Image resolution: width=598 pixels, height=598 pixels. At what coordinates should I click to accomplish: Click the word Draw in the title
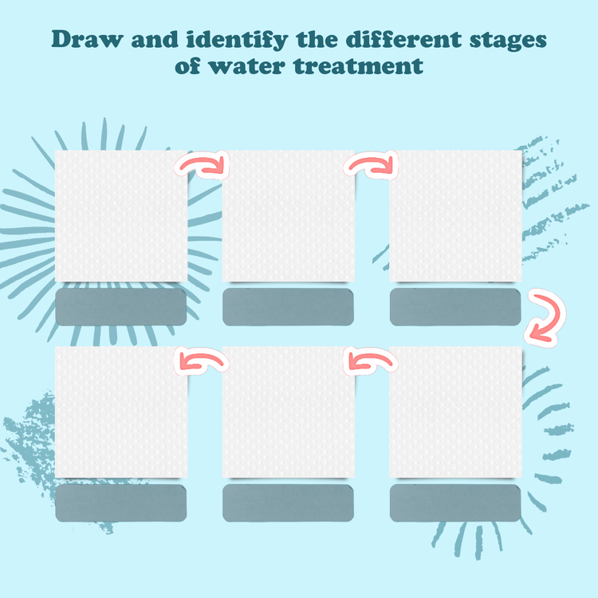tap(88, 39)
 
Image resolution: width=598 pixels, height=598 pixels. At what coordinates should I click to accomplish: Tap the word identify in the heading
tap(238, 40)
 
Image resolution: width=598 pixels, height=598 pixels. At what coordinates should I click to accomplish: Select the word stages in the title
tap(508, 41)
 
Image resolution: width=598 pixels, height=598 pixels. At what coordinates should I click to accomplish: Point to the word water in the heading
tap(246, 66)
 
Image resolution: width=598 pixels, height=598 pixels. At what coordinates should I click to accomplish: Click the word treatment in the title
tap(358, 65)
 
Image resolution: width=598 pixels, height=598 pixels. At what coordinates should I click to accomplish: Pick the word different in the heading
tap(403, 39)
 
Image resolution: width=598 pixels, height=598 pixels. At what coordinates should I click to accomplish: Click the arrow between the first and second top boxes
tap(203, 165)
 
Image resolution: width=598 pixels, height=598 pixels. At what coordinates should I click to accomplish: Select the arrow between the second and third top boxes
tap(371, 165)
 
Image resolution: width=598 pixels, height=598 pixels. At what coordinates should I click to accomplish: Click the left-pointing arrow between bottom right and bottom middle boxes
tap(371, 361)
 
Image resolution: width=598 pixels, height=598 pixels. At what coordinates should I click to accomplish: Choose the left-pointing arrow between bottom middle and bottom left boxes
tap(202, 361)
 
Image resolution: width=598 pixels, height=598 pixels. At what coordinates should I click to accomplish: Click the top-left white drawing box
tap(121, 216)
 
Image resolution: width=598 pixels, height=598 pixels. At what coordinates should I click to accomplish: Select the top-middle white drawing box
tap(289, 216)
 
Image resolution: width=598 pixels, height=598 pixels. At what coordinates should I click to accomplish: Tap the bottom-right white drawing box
tap(455, 412)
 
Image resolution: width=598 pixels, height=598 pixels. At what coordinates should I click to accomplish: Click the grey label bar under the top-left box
tap(121, 307)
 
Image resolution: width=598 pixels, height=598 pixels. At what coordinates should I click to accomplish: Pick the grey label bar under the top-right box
tap(455, 307)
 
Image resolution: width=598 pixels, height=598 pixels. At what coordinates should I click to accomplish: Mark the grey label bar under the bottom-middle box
tap(289, 503)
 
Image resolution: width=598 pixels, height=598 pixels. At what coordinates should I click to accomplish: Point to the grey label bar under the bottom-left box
tap(121, 503)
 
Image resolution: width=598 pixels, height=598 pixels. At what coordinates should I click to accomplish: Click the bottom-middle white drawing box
tap(289, 412)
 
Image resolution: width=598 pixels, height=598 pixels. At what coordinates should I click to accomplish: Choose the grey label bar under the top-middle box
tap(289, 307)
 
